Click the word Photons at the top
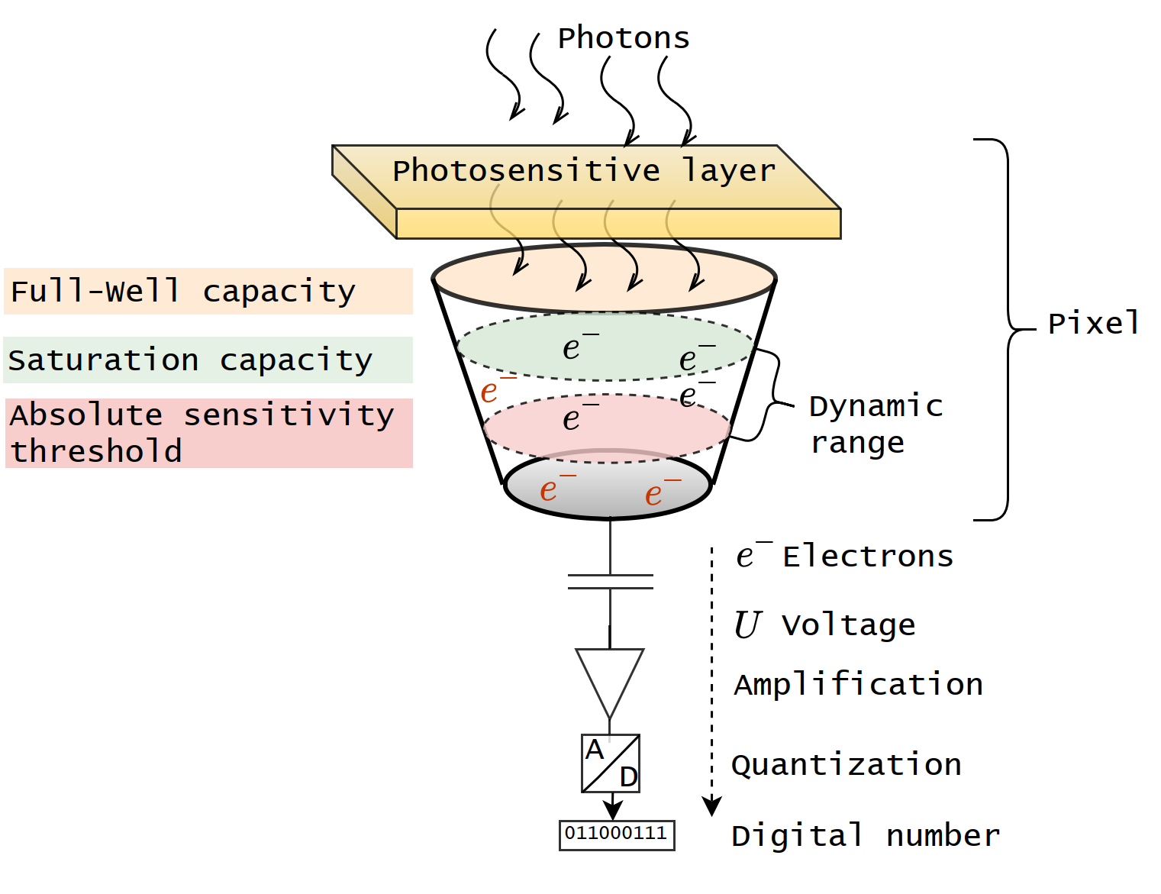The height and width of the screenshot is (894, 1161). pos(623,38)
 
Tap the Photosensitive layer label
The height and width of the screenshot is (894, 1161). pos(583,170)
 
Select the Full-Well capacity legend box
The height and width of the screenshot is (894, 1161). pos(208,291)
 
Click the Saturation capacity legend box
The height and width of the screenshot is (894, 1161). pos(208,360)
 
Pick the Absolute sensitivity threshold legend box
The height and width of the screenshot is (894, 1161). pos(208,433)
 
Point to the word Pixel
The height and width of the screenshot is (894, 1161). pos(1093,324)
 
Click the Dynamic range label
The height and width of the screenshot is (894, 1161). pos(875,424)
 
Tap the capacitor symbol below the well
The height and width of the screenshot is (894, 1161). pos(610,582)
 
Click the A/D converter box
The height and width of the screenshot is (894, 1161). pos(610,763)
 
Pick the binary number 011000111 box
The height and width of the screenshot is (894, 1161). pos(616,834)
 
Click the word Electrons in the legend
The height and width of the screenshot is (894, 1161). pos(868,557)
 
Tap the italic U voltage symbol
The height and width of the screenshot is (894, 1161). pos(747,625)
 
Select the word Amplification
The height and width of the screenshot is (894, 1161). pos(858,685)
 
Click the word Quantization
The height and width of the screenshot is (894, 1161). pos(846,765)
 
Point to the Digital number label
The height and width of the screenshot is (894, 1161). pos(865,836)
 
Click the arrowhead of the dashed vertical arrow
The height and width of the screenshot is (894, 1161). pos(711,806)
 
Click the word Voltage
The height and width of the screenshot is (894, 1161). pos(848,625)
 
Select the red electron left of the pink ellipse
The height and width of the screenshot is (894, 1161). pos(492,391)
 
